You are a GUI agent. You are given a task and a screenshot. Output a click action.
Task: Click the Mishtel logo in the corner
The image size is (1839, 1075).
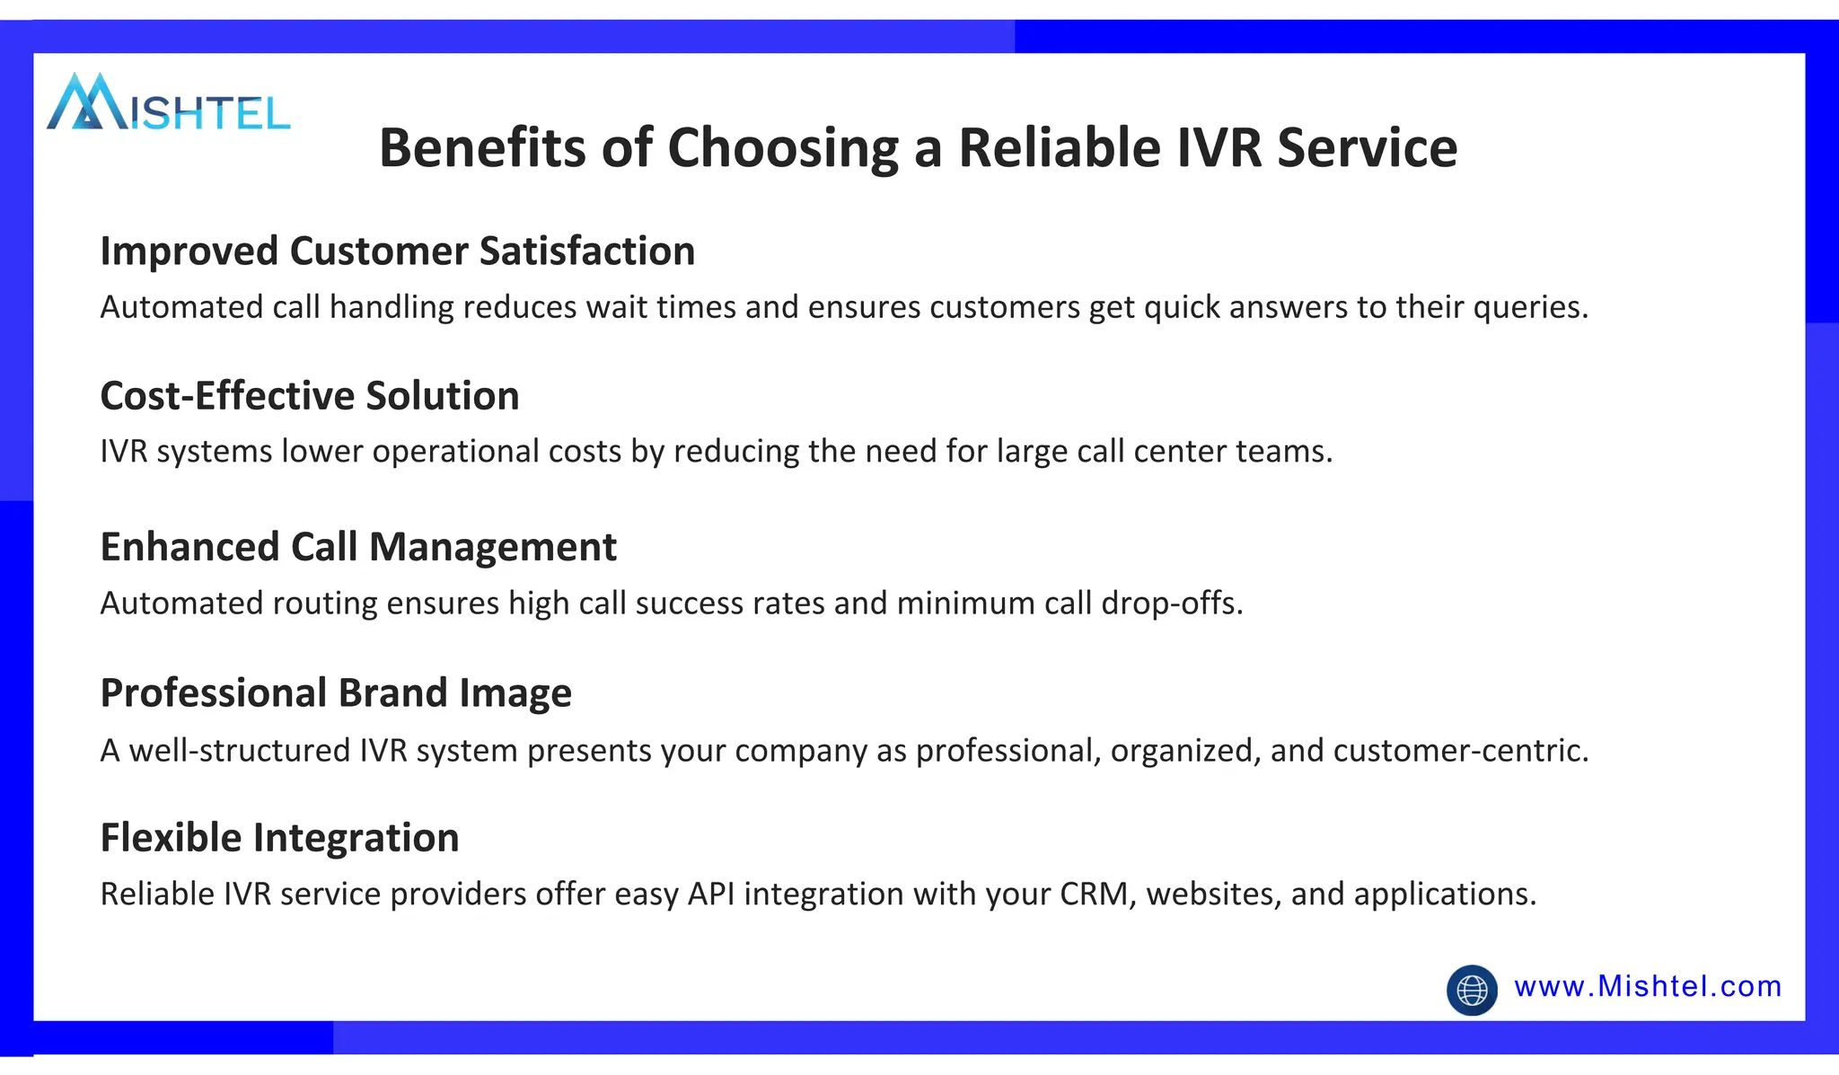pyautogui.click(x=168, y=103)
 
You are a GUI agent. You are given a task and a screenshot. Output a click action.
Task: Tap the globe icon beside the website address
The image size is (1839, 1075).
pyautogui.click(x=1472, y=990)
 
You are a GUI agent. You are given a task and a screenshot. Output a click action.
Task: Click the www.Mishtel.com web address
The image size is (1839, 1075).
pyautogui.click(x=1647, y=986)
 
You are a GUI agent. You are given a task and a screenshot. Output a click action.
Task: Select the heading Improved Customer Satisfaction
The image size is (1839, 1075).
pyautogui.click(x=397, y=251)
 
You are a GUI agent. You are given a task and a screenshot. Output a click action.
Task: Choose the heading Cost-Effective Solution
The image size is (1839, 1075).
pyautogui.click(x=309, y=396)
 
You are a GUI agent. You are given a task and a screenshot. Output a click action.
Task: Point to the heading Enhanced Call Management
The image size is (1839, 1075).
pyautogui.click(x=357, y=547)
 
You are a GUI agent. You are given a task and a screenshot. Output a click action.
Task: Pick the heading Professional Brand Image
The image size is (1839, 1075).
pyautogui.click(x=335, y=693)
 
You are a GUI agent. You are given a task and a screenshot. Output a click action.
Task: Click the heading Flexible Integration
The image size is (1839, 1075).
pyautogui.click(x=279, y=838)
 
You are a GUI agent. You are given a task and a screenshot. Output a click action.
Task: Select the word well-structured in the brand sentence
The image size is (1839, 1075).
pyautogui.click(x=239, y=751)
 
